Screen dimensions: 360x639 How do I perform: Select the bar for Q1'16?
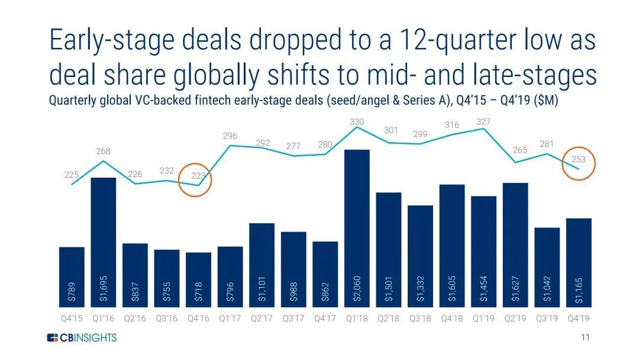pos(103,242)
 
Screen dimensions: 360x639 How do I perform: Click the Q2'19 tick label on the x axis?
pos(515,319)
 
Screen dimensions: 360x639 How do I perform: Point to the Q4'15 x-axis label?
pos(72,319)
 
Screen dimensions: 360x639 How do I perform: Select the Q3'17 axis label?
pos(293,319)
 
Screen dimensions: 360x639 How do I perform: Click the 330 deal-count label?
pos(357,122)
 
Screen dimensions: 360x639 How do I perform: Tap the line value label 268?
pos(104,152)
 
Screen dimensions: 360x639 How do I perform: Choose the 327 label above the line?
pos(483,122)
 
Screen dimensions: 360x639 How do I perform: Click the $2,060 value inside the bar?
pos(357,288)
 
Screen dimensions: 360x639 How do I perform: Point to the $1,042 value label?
pos(547,288)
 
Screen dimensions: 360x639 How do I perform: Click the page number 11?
pos(586,337)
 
